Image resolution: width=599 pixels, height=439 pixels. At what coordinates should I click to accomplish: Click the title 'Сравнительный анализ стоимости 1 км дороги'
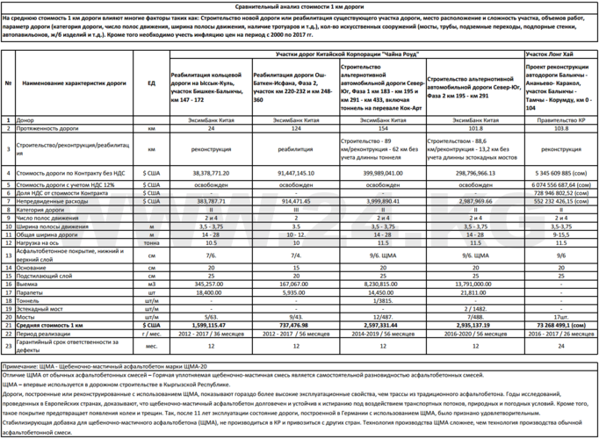point(299,5)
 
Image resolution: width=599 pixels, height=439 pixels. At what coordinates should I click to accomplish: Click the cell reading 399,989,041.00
point(381,174)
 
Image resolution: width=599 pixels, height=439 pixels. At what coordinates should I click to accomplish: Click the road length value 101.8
point(474,128)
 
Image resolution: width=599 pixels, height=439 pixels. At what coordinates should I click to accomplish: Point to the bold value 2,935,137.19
point(474,324)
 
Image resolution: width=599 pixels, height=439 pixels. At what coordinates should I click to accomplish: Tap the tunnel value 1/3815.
point(381,299)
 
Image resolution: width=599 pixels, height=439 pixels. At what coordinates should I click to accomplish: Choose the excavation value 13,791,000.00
point(474,284)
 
